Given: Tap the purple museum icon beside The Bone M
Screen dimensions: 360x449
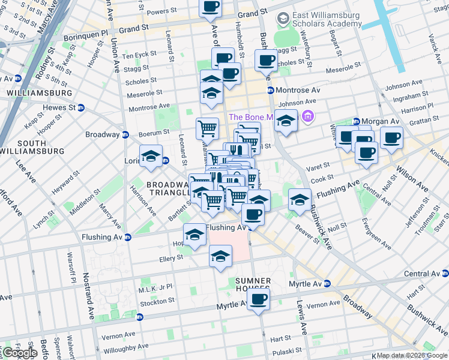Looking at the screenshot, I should [309, 115].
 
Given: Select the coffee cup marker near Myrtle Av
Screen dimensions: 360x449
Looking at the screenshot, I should [259, 300].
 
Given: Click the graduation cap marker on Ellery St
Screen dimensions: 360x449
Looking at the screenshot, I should [220, 256].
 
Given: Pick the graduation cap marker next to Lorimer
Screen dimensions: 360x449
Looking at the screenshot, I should [151, 156].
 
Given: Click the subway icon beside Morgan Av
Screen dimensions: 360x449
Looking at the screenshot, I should [356, 121].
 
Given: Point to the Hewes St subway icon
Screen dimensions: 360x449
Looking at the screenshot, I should [80, 107].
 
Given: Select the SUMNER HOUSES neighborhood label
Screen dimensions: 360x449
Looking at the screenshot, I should [253, 285].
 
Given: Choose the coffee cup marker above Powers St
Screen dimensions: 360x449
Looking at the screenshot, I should [211, 7].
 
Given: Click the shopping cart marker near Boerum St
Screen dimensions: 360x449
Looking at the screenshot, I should [207, 127].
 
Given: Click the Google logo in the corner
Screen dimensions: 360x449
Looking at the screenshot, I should [19, 353].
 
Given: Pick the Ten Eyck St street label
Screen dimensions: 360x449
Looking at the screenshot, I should [139, 56].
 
